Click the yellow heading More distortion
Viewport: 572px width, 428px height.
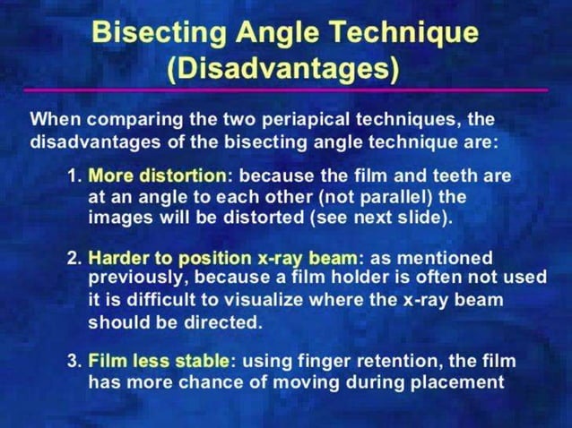[157, 175]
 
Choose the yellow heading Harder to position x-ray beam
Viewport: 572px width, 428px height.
[222, 258]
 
